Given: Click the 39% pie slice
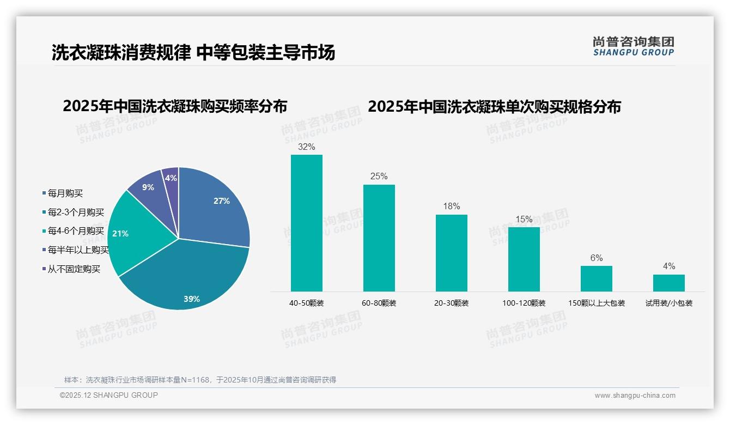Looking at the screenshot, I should point(185,278).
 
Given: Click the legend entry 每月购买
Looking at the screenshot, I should point(65,193).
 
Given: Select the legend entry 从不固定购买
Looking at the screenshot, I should point(74,269).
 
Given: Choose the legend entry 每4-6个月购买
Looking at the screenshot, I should point(75,231).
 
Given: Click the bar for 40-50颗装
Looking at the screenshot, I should point(306,223).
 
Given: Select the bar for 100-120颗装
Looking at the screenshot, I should point(524,259).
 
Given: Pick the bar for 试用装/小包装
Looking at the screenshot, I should point(668,283).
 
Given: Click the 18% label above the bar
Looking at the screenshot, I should point(451,207).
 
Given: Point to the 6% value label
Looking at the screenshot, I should point(596,258).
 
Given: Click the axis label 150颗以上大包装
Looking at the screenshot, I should point(596,303).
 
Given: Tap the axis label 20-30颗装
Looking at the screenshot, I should point(451,303).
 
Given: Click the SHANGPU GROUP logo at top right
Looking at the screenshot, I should point(633,46).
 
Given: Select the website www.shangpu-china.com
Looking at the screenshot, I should point(635,396).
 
